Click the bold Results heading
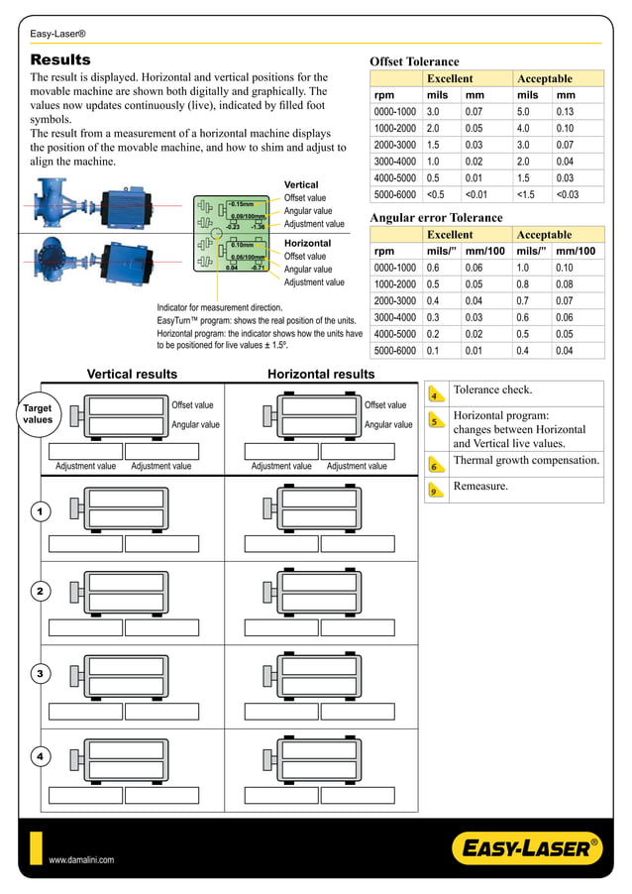(60, 59)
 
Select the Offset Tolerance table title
(414, 61)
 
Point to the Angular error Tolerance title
(436, 217)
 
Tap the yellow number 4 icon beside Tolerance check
(435, 394)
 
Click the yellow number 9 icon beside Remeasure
(435, 491)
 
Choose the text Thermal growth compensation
(525, 460)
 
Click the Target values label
(38, 413)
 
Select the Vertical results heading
(132, 374)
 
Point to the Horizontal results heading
(321, 374)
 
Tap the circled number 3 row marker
(40, 674)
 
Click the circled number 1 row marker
(40, 511)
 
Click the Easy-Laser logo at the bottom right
(526, 848)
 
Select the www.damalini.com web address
(82, 860)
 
